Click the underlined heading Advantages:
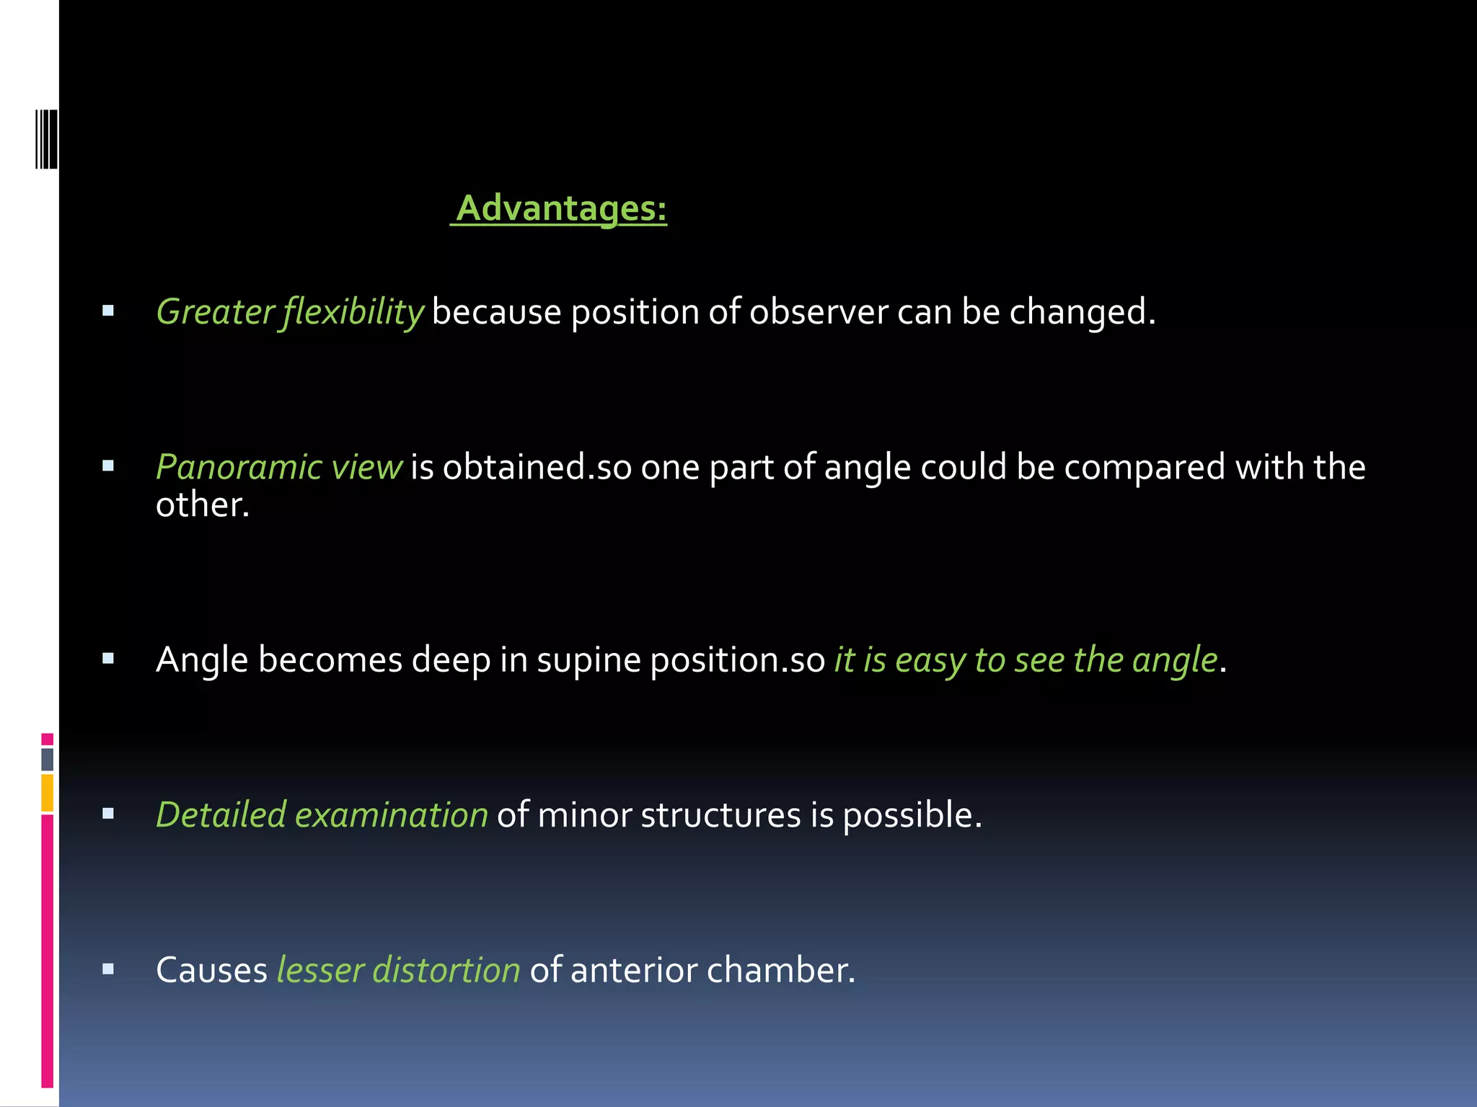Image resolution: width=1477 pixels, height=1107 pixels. click(x=561, y=209)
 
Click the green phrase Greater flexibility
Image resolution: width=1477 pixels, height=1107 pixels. click(x=289, y=313)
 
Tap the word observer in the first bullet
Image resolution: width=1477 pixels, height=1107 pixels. click(x=818, y=313)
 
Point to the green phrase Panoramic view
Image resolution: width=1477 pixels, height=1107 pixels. click(x=278, y=468)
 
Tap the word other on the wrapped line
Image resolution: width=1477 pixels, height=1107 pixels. click(x=202, y=504)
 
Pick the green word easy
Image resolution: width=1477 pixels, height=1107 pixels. click(x=930, y=660)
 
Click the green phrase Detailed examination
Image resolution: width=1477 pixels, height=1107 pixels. click(x=322, y=815)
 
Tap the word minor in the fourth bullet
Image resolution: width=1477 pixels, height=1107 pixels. click(x=584, y=815)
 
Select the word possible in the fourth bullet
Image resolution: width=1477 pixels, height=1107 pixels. click(x=912, y=815)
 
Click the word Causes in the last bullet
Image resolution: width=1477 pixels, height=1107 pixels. click(x=211, y=970)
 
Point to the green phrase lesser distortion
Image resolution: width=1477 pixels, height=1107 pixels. click(x=398, y=970)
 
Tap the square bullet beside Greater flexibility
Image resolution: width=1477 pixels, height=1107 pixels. click(x=108, y=311)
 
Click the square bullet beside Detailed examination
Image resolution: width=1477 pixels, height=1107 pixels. click(x=108, y=814)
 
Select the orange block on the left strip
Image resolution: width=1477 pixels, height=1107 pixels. click(x=48, y=792)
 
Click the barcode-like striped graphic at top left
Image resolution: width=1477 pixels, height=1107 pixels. click(x=46, y=138)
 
